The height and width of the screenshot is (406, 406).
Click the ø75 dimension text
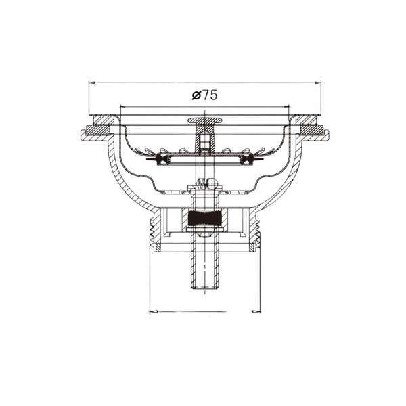(x=204, y=95)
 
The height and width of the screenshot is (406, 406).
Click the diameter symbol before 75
(x=196, y=95)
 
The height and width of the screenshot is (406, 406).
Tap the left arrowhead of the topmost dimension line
(x=92, y=83)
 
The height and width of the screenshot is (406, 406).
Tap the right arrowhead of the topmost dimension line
(x=317, y=83)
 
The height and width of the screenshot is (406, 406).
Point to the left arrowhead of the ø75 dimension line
(x=124, y=106)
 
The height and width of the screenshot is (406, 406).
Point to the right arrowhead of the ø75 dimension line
(x=286, y=106)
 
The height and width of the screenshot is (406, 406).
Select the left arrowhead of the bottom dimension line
(x=154, y=311)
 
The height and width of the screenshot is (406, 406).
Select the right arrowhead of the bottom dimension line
(x=256, y=311)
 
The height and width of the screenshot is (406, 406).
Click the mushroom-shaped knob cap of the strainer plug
(x=205, y=120)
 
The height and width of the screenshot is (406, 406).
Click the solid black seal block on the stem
(x=205, y=218)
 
